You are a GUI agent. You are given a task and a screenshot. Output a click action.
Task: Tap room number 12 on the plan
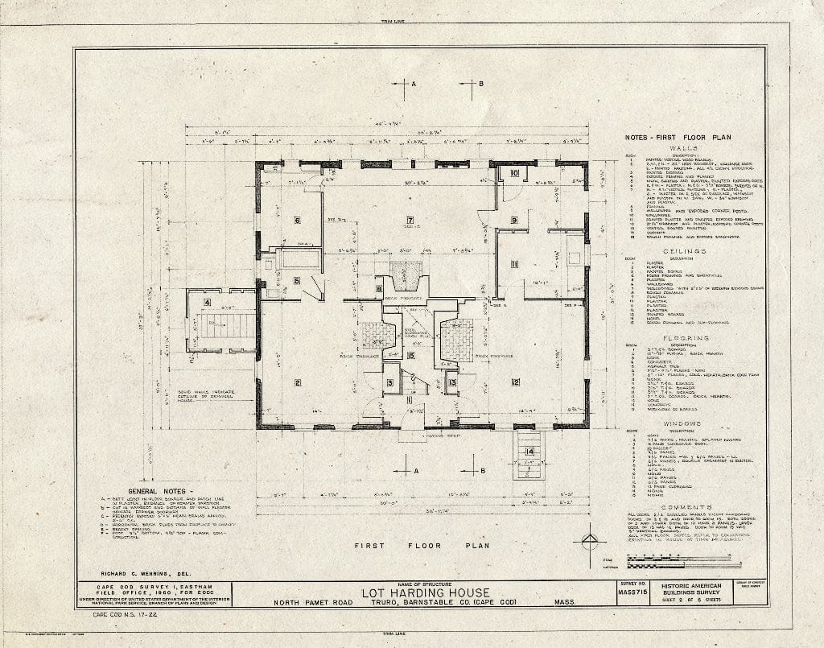pyautogui.click(x=515, y=381)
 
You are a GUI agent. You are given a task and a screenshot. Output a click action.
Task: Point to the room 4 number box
pyautogui.click(x=207, y=303)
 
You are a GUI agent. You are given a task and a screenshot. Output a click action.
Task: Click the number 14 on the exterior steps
pyautogui.click(x=529, y=452)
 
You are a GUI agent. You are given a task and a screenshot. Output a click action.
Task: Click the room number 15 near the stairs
pyautogui.click(x=410, y=355)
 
